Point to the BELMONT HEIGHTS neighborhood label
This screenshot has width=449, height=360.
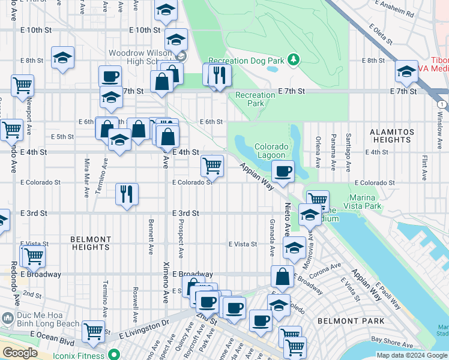point(90,243)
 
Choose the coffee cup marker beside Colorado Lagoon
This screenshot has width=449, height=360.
point(282,171)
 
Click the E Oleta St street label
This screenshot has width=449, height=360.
point(381,35)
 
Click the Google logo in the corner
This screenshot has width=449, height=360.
point(20,353)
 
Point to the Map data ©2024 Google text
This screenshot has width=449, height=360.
point(412,355)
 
